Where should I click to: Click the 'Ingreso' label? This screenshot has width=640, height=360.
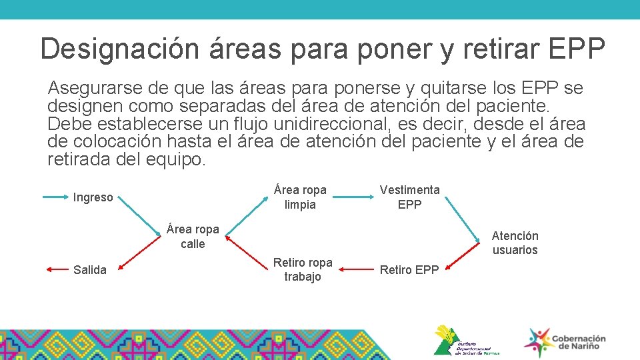(x=93, y=197)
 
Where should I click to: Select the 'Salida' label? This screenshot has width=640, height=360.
(x=90, y=269)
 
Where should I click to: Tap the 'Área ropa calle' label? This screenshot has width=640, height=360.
(x=193, y=237)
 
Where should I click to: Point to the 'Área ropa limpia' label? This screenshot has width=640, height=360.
(x=300, y=197)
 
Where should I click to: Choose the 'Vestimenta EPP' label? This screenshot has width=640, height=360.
(x=409, y=197)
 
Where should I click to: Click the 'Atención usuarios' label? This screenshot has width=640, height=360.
(x=515, y=243)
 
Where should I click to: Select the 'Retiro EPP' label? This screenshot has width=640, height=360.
(x=409, y=269)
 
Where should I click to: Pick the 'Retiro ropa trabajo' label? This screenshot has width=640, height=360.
(x=303, y=269)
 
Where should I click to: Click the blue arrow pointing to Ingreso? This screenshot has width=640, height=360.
(x=56, y=197)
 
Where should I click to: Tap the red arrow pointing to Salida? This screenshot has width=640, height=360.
(x=57, y=269)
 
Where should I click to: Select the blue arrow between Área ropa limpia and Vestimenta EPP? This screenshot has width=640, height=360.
(x=353, y=197)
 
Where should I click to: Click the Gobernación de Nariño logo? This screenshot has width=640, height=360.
(x=565, y=342)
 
